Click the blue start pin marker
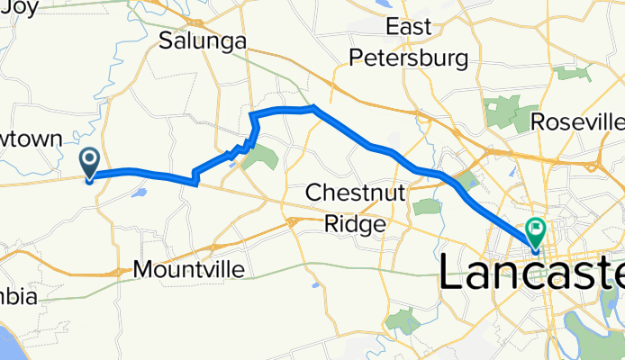click(x=90, y=162)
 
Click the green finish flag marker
click(x=538, y=231)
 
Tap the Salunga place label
click(x=203, y=40)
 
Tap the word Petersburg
click(x=409, y=59)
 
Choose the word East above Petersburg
click(x=409, y=27)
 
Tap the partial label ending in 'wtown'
click(x=31, y=139)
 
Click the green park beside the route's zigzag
click(x=262, y=158)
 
